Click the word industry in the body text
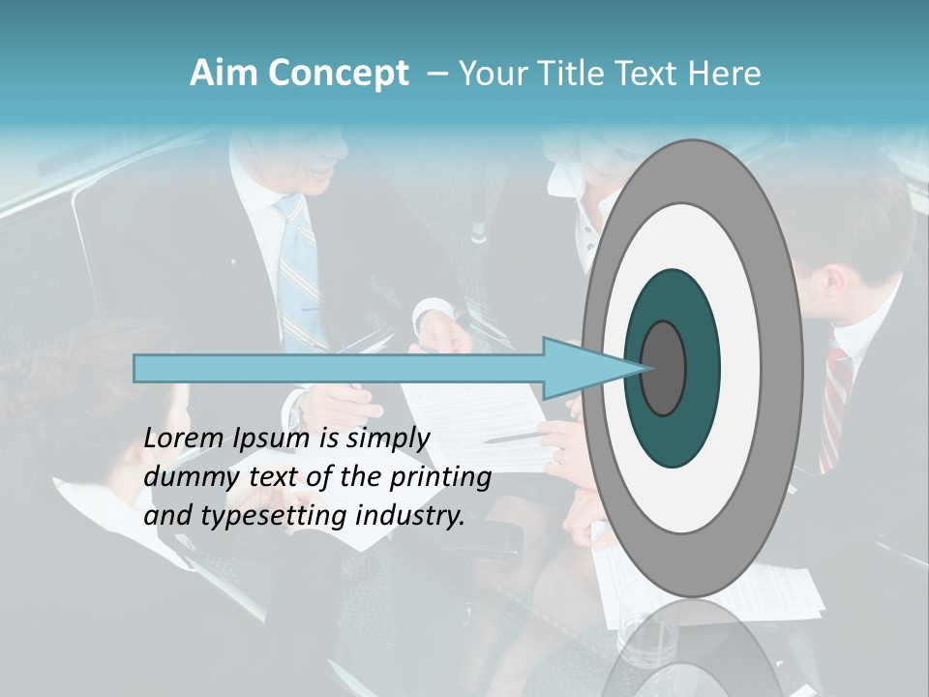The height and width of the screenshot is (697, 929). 410,515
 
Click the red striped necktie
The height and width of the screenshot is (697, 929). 834,407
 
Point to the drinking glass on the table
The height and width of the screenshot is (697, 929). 649,639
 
